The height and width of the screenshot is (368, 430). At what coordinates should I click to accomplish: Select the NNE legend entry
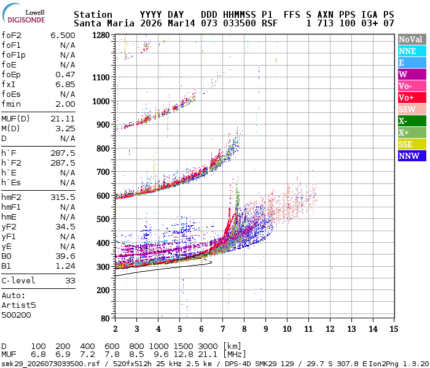407,52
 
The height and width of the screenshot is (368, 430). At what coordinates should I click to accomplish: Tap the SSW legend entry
407,109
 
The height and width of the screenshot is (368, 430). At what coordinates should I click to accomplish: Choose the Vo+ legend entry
407,98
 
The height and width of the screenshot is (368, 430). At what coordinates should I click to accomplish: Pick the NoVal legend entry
410,39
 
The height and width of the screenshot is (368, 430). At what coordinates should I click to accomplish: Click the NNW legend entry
408,156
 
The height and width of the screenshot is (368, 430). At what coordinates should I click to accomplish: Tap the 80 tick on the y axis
105,318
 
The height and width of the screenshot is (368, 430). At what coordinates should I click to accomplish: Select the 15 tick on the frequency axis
394,328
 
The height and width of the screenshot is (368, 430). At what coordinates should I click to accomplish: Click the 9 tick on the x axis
265,328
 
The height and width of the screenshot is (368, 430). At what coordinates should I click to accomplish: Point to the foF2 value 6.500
63,36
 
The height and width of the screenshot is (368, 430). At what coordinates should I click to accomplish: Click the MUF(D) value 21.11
63,119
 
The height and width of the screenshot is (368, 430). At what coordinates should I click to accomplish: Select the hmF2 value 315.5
63,197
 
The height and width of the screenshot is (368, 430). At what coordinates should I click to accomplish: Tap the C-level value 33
70,281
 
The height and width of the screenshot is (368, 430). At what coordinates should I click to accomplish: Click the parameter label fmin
12,104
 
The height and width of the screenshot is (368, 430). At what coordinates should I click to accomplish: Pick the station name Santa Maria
101,23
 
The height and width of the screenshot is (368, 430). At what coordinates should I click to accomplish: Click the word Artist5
18,305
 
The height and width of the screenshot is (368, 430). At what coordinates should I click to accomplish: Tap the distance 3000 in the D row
209,347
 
